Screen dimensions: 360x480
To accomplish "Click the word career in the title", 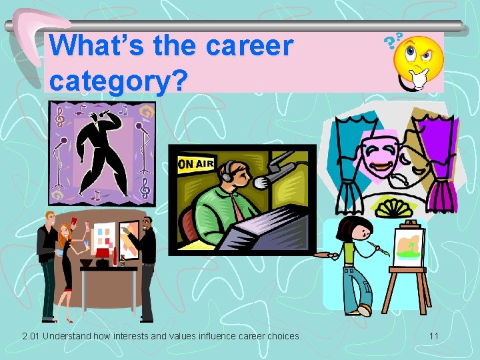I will [x=249, y=47].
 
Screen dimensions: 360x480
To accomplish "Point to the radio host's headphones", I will [x=231, y=172].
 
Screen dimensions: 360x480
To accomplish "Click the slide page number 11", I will [x=433, y=336].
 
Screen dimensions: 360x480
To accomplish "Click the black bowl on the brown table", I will [x=87, y=262].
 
